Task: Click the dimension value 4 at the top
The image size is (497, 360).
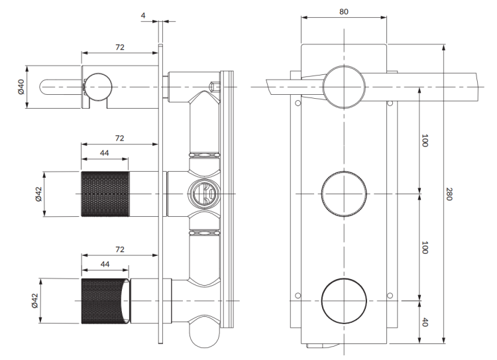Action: (x=143, y=15)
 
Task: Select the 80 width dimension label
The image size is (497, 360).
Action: (x=343, y=12)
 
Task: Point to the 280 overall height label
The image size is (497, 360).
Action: (x=449, y=194)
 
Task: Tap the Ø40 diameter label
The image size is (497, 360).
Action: (x=21, y=87)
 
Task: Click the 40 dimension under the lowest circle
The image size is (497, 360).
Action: (x=425, y=322)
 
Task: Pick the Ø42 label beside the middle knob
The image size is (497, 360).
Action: (x=38, y=194)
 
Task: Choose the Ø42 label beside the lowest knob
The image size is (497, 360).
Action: (x=34, y=301)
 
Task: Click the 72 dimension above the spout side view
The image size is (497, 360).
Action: (x=120, y=47)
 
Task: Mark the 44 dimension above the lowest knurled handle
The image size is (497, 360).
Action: (x=105, y=265)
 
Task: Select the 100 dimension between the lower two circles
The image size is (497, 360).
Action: (x=425, y=247)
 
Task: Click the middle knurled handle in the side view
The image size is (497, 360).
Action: (x=105, y=194)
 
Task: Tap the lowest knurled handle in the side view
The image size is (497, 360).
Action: (x=105, y=301)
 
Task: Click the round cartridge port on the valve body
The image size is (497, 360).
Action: (x=204, y=194)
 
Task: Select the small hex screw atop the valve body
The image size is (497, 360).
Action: (x=215, y=86)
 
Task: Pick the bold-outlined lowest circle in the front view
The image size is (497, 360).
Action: (x=344, y=301)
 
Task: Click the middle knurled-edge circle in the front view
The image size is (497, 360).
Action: (x=344, y=194)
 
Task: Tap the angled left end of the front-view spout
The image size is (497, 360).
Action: (x=269, y=88)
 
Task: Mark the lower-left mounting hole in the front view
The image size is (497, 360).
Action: (x=298, y=296)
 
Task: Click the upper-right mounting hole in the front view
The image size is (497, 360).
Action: (x=390, y=103)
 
